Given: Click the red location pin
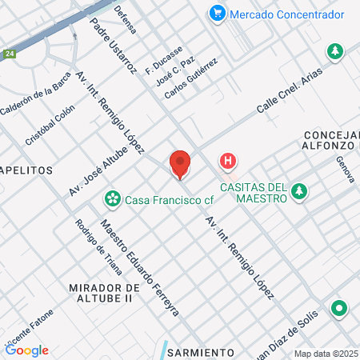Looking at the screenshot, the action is point(180,164).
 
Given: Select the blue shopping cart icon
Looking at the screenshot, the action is point(216,14).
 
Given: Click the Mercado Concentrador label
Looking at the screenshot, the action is point(287,14).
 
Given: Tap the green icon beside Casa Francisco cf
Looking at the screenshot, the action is point(114,198).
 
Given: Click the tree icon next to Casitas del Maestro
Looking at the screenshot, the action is point(299,191).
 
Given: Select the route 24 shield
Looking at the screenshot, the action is point(9,54).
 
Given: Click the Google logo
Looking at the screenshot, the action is point(27,350).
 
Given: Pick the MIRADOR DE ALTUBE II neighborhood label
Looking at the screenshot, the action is point(105,292).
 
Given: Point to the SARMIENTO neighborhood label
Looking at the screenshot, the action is point(200,352).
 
